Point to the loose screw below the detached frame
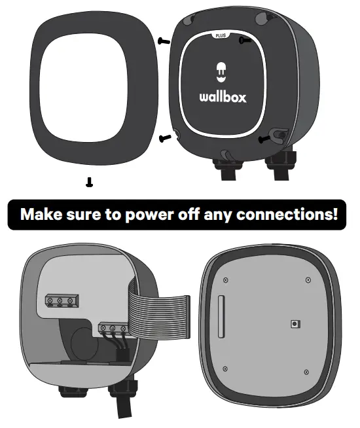tap(89, 183)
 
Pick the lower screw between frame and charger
tap(165, 137)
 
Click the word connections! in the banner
tap(296, 214)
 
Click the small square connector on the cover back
tap(295, 324)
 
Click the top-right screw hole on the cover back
tap(308, 280)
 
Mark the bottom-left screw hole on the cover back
tap(224, 367)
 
